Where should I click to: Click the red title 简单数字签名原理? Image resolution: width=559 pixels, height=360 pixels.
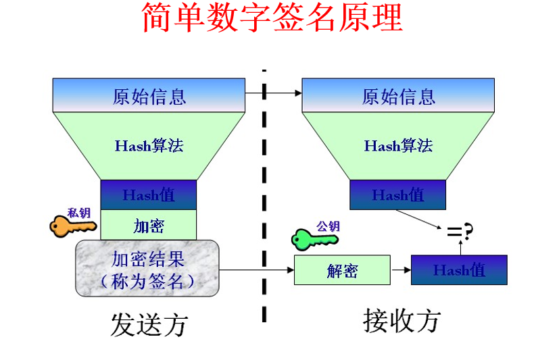pyautogui.click(x=272, y=19)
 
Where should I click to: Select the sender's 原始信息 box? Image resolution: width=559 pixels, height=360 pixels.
pyautogui.click(x=149, y=95)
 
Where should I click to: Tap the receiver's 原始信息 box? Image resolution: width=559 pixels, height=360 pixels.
pyautogui.click(x=398, y=95)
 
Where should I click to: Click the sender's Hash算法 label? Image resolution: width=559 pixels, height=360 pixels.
pyautogui.click(x=149, y=145)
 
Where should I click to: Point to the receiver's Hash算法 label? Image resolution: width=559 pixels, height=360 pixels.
pyautogui.click(x=398, y=145)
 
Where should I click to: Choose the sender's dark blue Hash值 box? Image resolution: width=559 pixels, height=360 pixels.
pyautogui.click(x=149, y=195)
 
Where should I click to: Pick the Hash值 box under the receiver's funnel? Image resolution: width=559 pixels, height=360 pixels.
pyautogui.click(x=398, y=195)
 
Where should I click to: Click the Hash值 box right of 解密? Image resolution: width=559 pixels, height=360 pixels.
pyautogui.click(x=459, y=270)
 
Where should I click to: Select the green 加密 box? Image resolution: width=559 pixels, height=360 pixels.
pyautogui.click(x=149, y=225)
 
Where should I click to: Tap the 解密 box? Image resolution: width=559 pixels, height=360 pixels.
pyautogui.click(x=342, y=270)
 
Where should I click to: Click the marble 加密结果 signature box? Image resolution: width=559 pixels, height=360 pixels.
pyautogui.click(x=147, y=268)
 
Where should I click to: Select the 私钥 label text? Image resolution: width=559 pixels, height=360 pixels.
pyautogui.click(x=79, y=212)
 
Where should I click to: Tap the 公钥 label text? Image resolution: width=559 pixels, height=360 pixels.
pyautogui.click(x=328, y=226)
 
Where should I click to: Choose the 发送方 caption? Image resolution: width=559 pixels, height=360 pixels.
pyautogui.click(x=149, y=325)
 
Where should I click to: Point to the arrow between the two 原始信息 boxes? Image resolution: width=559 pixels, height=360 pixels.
pyautogui.click(x=273, y=94)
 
